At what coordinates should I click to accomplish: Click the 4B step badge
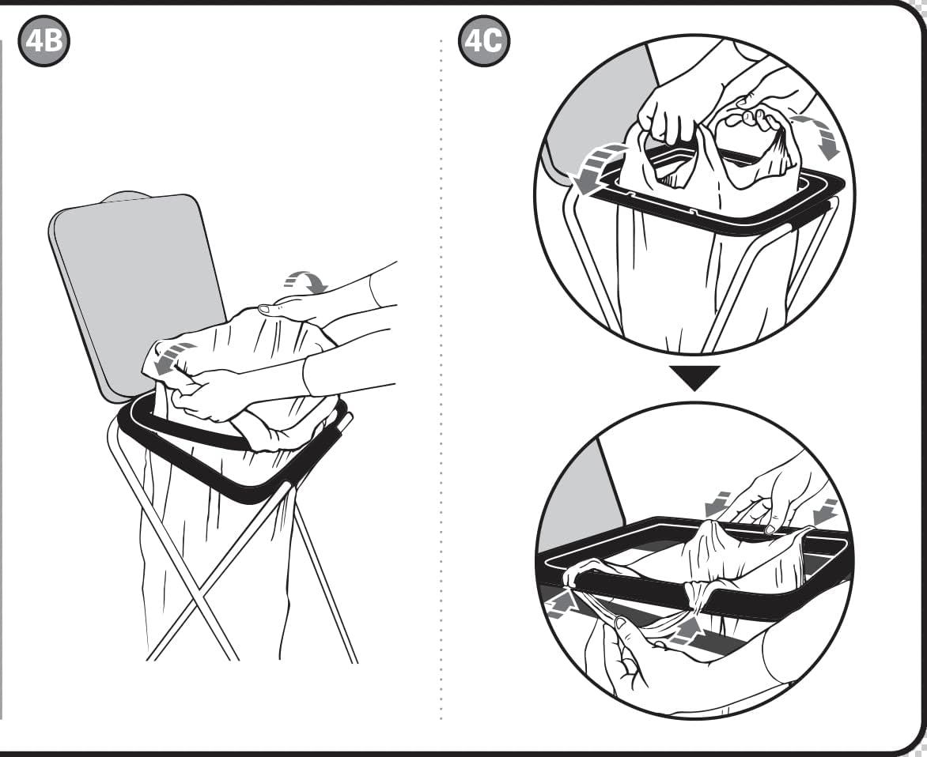pos(44,41)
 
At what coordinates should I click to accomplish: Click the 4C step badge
pos(483,41)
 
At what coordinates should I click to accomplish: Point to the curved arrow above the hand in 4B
pos(305,281)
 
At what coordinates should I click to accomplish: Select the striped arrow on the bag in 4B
pos(168,358)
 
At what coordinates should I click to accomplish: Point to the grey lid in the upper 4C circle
pos(597,112)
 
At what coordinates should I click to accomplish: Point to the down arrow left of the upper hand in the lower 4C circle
pos(718,503)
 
